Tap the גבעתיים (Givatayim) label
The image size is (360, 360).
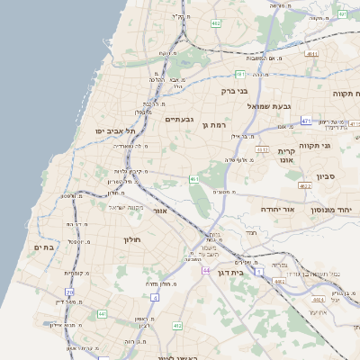tap(178, 120)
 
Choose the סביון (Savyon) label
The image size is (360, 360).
tap(325, 176)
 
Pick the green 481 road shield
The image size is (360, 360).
tap(240, 75)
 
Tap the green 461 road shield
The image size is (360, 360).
tap(194, 179)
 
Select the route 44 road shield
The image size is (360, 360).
tap(206, 270)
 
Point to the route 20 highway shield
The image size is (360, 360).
tap(69, 292)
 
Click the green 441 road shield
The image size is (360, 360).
tap(103, 313)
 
